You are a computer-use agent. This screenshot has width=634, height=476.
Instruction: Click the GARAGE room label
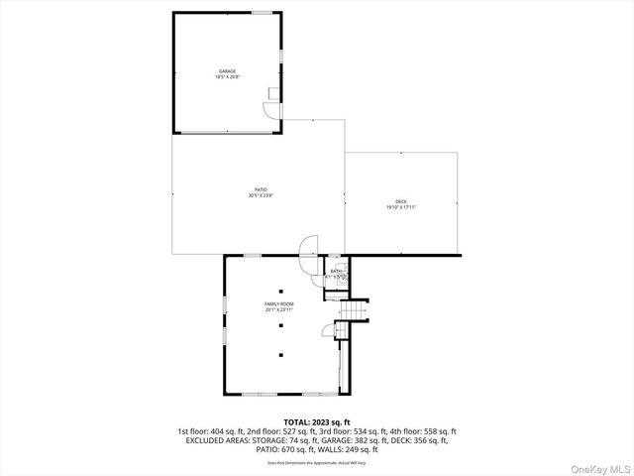coord(227,71)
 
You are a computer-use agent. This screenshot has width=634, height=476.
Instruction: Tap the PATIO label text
coord(261,189)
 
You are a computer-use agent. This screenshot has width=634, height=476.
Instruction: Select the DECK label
coord(401,201)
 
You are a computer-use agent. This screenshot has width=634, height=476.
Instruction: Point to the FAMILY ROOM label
coord(278,303)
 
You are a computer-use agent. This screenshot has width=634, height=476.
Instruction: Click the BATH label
coord(336,271)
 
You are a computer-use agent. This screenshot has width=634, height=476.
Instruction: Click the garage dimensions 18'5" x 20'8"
coord(227,77)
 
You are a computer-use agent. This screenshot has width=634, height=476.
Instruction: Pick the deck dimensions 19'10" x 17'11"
coord(401,207)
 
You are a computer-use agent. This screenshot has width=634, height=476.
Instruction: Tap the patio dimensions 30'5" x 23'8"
coord(261,195)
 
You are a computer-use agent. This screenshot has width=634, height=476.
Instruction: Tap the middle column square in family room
coord(280,330)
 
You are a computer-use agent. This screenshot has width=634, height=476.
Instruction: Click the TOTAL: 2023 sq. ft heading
coord(317,423)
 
